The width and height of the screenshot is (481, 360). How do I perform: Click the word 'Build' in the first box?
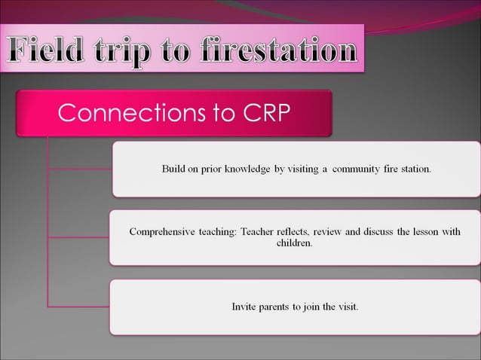pos(174,169)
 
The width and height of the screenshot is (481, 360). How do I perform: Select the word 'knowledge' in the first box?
pos(248,169)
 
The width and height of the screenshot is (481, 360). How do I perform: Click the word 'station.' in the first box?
pos(415,169)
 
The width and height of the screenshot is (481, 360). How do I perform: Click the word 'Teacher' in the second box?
pos(259,232)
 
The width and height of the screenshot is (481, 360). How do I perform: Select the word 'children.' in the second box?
pos(295,244)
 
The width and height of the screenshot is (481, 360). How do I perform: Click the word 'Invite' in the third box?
pos(244,307)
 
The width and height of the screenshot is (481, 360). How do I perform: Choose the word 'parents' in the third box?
pos(277,307)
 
